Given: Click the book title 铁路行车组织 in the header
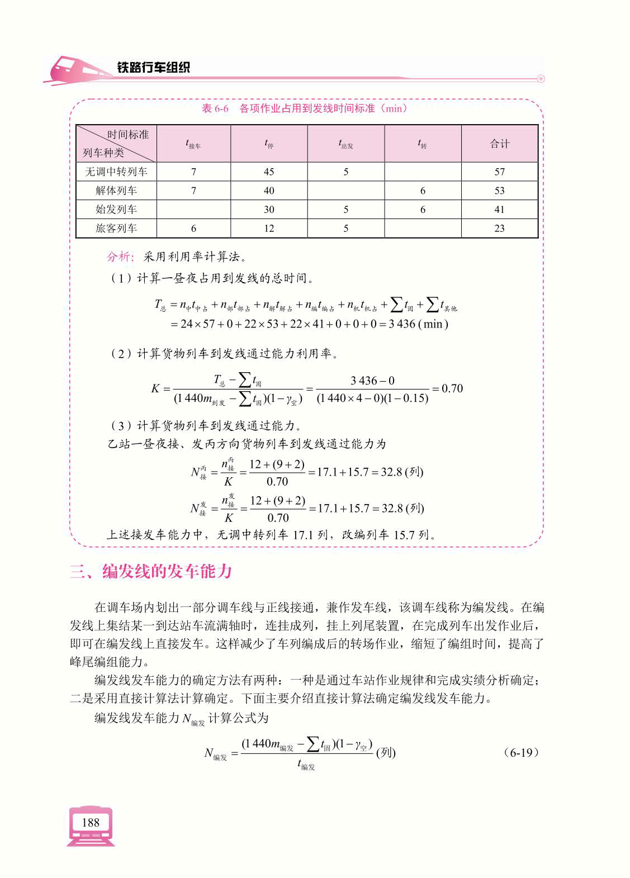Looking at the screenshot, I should [x=153, y=68].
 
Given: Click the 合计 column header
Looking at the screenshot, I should [x=499, y=144].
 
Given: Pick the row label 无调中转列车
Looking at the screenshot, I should [x=116, y=172].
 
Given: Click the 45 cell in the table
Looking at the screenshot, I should [x=269, y=172].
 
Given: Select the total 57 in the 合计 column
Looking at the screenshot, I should [x=499, y=172].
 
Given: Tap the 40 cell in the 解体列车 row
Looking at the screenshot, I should [x=269, y=191].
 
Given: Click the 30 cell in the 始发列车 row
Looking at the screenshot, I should [x=269, y=210].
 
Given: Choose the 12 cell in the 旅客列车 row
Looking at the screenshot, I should [x=269, y=229].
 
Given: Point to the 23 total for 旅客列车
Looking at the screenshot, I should [x=499, y=229].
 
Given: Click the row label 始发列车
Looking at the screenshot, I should [x=116, y=210].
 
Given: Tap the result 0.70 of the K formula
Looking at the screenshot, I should [x=452, y=388].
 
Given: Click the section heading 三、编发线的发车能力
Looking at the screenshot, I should [x=151, y=572].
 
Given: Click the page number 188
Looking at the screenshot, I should [x=90, y=822].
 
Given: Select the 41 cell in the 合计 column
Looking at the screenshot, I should [x=499, y=210].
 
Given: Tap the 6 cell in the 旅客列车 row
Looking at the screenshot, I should [x=193, y=229].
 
